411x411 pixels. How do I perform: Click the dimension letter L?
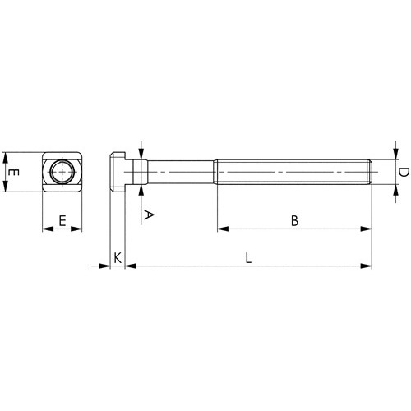(248, 258)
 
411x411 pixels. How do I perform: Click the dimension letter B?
(294, 220)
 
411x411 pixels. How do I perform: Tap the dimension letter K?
(118, 258)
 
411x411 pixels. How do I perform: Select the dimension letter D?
(404, 173)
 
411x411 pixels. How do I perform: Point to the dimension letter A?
(149, 215)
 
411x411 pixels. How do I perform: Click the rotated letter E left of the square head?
(13, 173)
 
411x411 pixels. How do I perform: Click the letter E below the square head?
(62, 221)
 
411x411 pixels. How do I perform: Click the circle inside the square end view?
(62, 172)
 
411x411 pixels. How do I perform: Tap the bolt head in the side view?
(118, 172)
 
